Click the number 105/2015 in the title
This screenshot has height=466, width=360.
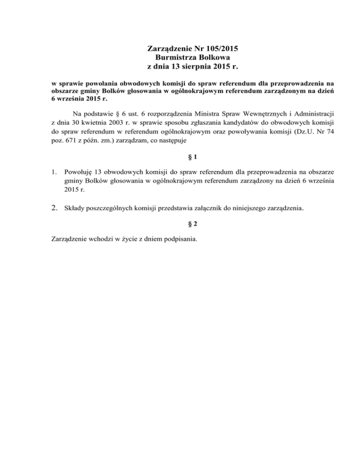(222, 48)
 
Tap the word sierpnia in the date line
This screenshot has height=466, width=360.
(188, 67)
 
